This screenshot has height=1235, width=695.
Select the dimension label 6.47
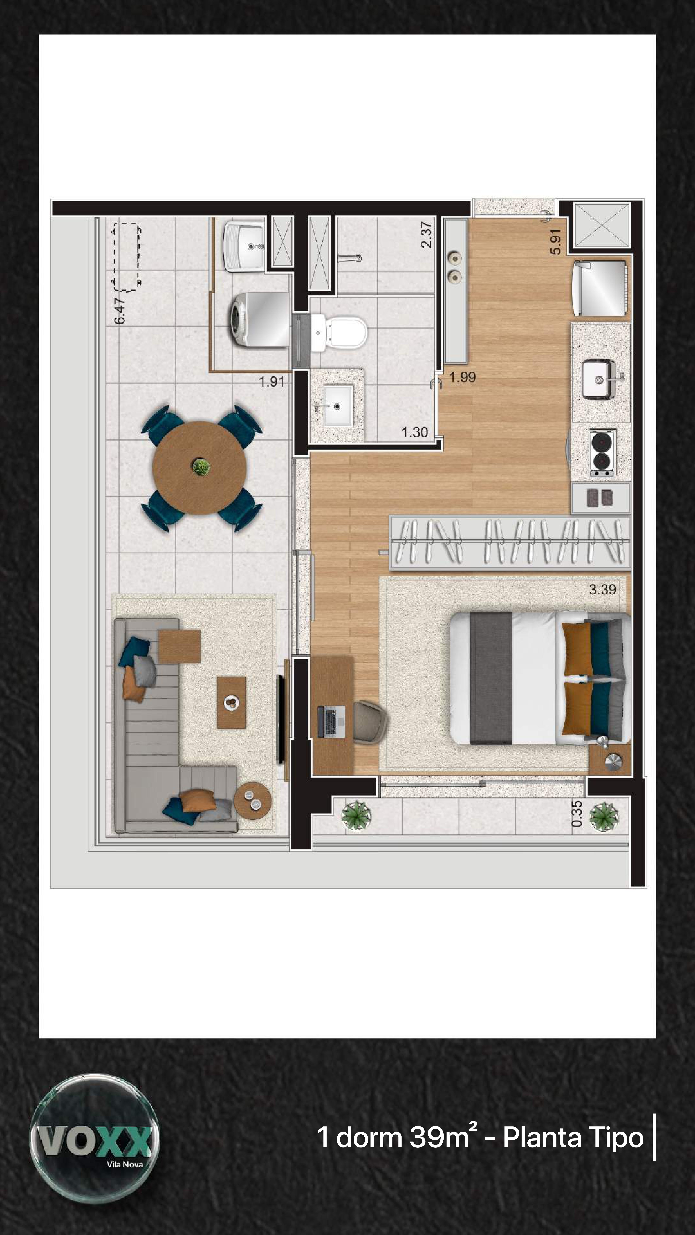[x=120, y=310]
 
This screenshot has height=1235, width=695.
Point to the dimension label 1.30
[x=414, y=432]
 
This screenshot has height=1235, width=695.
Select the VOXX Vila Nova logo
[x=95, y=1138]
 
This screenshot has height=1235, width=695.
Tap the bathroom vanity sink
[x=338, y=406]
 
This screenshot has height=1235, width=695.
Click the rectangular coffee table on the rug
[x=232, y=702]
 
